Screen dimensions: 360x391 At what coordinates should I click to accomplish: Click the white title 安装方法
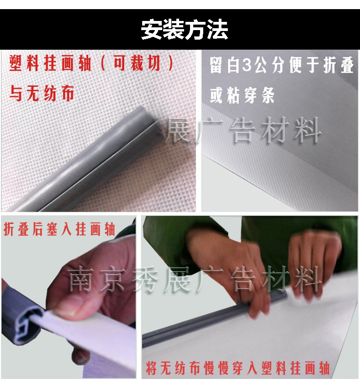click(x=185, y=30)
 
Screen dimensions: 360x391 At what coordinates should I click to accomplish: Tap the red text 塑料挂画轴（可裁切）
click(x=92, y=63)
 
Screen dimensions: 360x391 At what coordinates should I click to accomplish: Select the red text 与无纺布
click(x=42, y=93)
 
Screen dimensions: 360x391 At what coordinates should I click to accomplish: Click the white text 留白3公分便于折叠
click(x=282, y=65)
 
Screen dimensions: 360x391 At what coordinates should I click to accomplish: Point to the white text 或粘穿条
click(x=242, y=95)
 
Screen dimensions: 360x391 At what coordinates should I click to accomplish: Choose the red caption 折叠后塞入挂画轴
click(x=59, y=229)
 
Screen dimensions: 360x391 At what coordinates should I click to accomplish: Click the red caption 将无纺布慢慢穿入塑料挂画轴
click(x=238, y=368)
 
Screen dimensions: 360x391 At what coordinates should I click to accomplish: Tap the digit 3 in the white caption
click(x=247, y=65)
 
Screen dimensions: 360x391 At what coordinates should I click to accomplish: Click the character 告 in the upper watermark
click(x=242, y=130)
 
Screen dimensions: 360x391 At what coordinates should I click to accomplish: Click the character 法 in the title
click(x=217, y=30)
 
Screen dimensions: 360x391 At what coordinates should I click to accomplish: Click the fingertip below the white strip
click(x=80, y=356)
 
